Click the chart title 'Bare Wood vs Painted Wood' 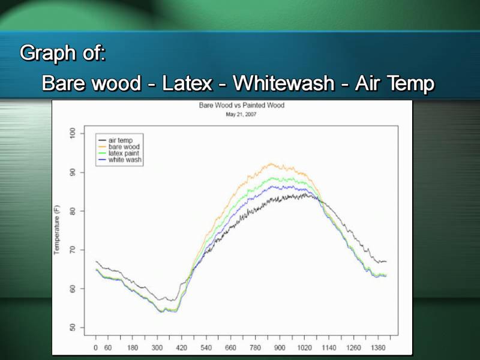tap(242, 106)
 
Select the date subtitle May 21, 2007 tap(241, 115)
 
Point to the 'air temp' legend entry tap(116, 140)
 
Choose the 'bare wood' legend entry tap(119, 146)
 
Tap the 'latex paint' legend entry tap(119, 153)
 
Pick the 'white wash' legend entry tap(119, 160)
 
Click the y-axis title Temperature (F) tap(56, 230)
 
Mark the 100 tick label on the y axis tap(73, 133)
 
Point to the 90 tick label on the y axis tap(73, 172)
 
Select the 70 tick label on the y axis tap(73, 250)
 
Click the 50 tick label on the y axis tap(73, 328)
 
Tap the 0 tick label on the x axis tap(96, 348)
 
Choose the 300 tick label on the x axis tap(157, 348)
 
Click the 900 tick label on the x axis tap(280, 348)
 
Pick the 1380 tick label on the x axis tap(378, 348)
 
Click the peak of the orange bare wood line tap(271, 164)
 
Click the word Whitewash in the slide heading tap(283, 83)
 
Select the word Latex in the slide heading tap(187, 83)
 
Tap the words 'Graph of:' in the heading tap(63, 53)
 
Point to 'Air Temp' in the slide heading tap(395, 83)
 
